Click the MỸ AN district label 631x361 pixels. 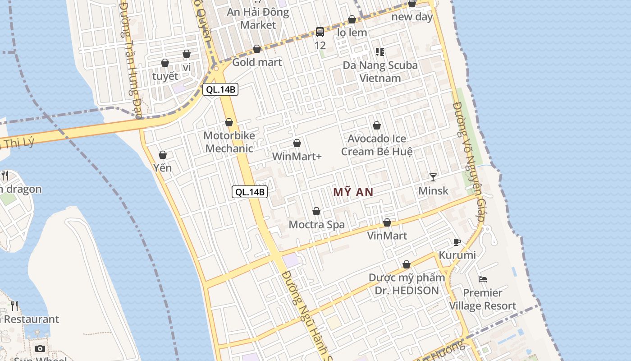tap(353, 192)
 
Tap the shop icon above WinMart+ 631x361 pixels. tap(297, 143)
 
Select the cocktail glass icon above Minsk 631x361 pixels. tap(433, 177)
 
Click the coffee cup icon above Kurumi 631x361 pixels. tap(457, 242)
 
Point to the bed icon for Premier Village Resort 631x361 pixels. tap(483, 279)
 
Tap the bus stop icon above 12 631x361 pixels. tap(320, 32)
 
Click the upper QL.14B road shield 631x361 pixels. tap(220, 89)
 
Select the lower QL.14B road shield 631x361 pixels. tap(250, 192)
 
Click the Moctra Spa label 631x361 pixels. tap(316, 224)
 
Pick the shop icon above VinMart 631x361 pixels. tap(387, 222)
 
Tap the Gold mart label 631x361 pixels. tap(257, 62)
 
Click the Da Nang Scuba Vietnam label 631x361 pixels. tap(380, 72)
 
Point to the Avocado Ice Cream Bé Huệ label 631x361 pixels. tap(377, 145)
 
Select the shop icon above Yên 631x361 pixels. tap(163, 155)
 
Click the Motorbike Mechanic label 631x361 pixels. tap(229, 142)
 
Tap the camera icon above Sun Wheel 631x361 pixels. tap(40, 348)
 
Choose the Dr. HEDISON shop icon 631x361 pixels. tap(407, 264)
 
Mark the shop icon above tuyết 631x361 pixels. tap(165, 63)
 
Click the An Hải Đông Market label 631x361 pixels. tap(258, 19)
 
